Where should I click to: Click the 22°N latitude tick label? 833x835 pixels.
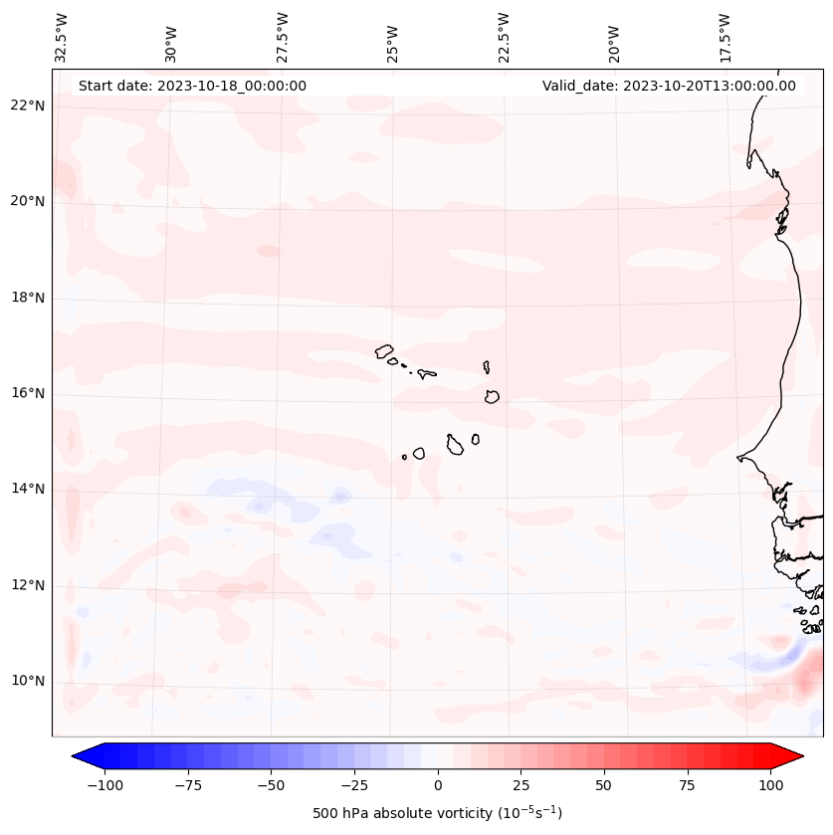tap(28, 106)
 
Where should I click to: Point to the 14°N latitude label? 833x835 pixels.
tap(28, 489)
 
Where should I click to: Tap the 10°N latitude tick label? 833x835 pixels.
tap(28, 681)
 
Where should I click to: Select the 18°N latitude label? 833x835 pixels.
tap(28, 298)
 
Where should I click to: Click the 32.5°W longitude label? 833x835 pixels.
tap(62, 38)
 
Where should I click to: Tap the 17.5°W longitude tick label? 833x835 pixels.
tap(725, 38)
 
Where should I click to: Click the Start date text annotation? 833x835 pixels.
tap(192, 86)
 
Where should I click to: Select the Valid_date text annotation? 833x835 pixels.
tap(669, 86)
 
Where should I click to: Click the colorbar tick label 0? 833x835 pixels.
tap(438, 785)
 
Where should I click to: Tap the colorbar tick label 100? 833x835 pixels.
tap(770, 785)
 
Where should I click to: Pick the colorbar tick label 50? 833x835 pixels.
tap(604, 785)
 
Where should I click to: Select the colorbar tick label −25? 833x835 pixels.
tap(354, 785)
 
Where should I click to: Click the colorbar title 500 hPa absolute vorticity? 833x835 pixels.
tap(438, 813)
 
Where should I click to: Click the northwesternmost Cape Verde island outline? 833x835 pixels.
tap(384, 350)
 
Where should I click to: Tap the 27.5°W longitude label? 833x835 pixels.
tap(283, 38)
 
